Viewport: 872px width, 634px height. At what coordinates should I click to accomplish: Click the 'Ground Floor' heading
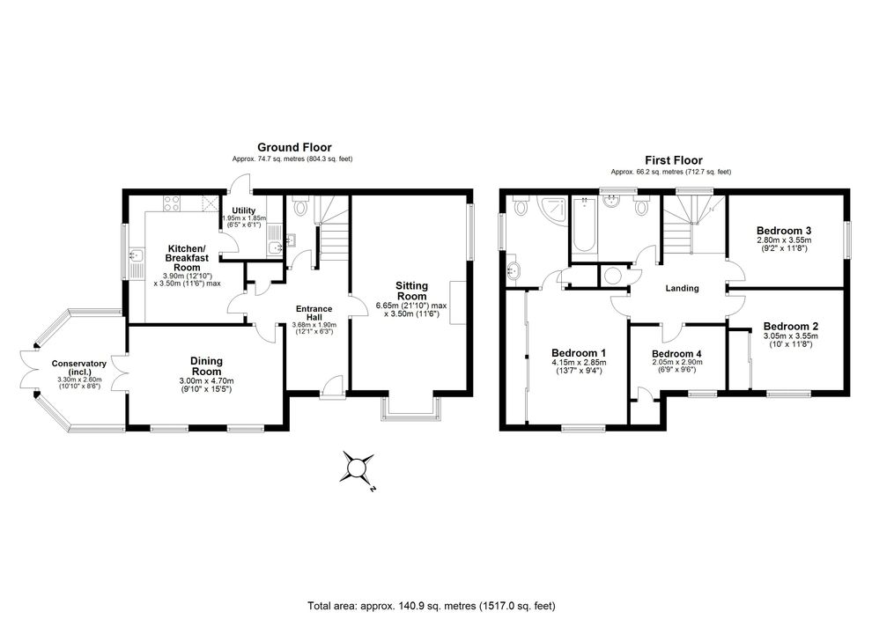pos(294,147)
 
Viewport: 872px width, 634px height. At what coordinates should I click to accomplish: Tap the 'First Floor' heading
pos(674,160)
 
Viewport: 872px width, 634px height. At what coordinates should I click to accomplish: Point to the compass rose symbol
pos(357,468)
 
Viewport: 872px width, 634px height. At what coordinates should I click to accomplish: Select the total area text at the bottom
pos(432,606)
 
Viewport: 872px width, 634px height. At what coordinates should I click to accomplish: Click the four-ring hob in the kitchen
pos(171,203)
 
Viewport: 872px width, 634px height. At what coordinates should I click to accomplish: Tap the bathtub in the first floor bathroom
pos(584,225)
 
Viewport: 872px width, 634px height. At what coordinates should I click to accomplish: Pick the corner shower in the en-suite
pos(551,210)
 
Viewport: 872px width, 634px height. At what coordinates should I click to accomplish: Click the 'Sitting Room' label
pos(411,291)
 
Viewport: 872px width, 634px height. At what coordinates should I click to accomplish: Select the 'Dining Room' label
pos(206,366)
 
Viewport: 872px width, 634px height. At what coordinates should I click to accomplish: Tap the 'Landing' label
pos(682,288)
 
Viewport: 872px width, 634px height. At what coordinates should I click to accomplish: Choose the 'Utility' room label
pos(244,210)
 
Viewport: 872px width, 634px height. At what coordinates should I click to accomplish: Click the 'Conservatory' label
pos(79,364)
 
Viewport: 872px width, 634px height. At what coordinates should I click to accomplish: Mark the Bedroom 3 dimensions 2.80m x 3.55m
pos(784,240)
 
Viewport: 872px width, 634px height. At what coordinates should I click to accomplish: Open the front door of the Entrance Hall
pos(333,388)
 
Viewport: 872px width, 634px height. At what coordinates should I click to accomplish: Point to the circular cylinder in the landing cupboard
pos(613,276)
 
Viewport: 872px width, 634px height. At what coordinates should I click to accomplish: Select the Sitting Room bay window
pos(410,409)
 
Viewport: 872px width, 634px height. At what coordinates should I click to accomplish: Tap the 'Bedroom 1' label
pos(579,352)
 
